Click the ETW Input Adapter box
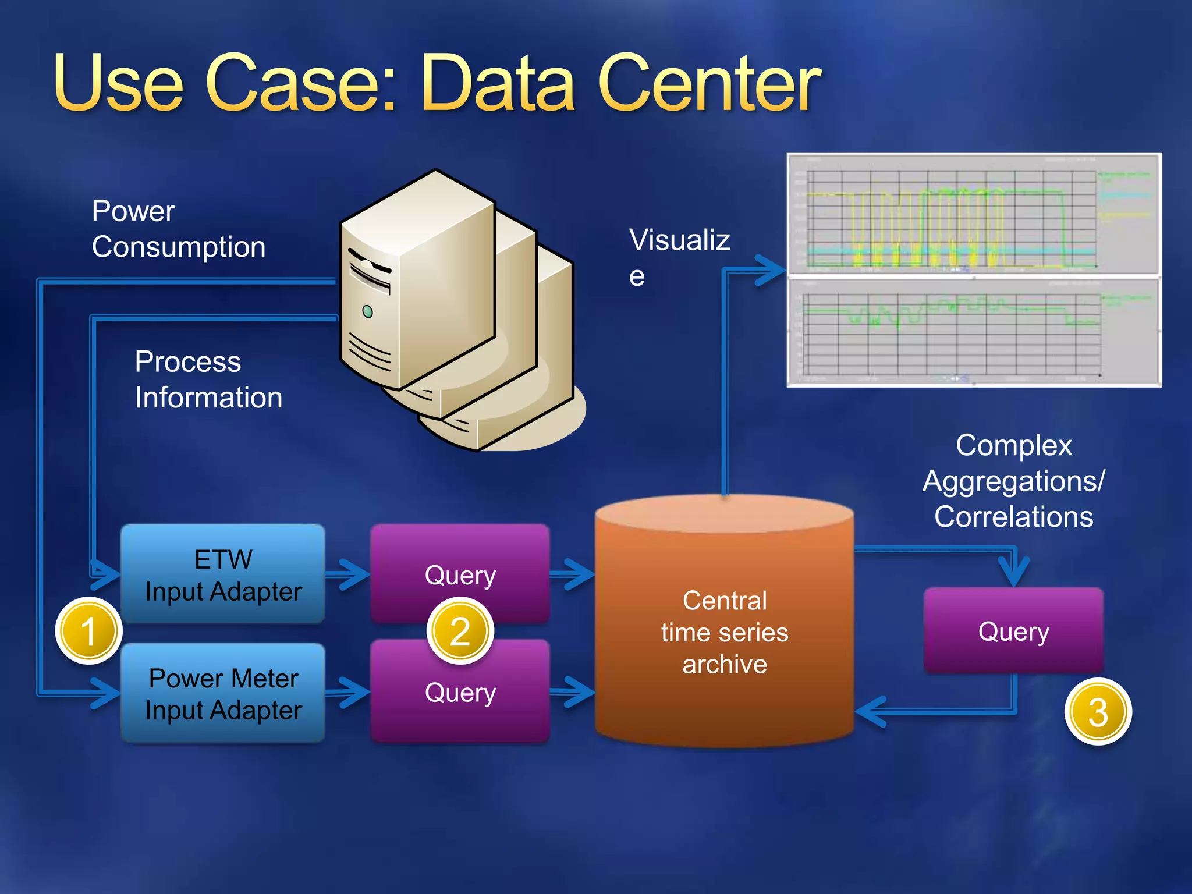tap(223, 574)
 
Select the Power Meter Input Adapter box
tap(223, 693)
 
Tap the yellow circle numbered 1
tap(88, 632)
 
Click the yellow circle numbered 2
tap(460, 632)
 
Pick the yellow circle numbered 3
tap(1098, 712)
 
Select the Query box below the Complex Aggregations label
tap(1013, 632)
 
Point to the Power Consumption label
tap(178, 229)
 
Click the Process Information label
tap(208, 379)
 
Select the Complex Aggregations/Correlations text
tap(1013, 481)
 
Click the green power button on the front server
tap(367, 311)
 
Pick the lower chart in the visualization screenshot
tap(973, 332)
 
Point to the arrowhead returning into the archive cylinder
tap(871, 711)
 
